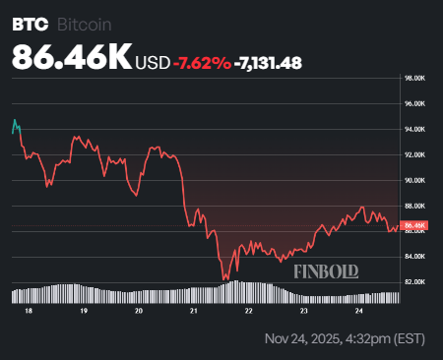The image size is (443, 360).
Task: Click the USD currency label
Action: [152, 63]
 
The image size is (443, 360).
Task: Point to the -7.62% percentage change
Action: [202, 63]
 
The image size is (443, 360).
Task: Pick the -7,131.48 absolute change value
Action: [268, 63]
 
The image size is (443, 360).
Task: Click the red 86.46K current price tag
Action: [413, 225]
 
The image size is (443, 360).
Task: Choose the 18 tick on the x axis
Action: [29, 309]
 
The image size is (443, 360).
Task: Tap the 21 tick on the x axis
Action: [194, 309]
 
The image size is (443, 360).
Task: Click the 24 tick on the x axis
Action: [359, 309]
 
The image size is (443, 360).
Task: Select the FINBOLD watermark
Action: [326, 270]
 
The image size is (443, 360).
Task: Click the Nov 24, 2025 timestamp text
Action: [346, 339]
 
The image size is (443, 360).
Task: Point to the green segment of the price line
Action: [15, 125]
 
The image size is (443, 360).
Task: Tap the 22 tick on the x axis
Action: [249, 309]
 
